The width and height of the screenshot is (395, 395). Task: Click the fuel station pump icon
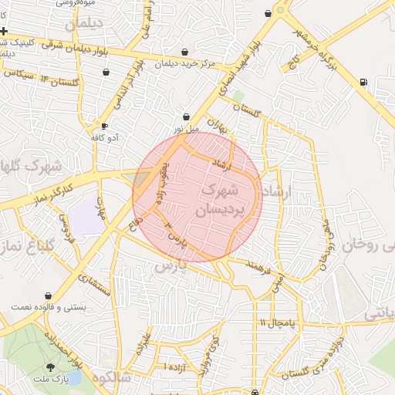pos(363,82)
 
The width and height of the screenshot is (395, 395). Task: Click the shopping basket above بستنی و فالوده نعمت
pos(49,295)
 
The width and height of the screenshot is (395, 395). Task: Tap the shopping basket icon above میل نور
pos(186,116)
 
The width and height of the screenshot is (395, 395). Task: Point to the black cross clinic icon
pos(5,32)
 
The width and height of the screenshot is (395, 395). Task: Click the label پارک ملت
pos(56,380)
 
